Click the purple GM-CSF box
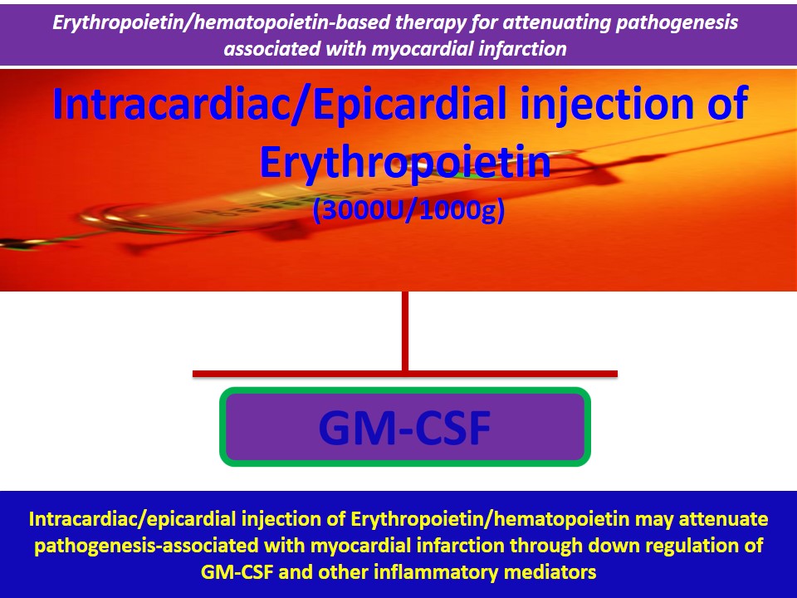[x=404, y=427]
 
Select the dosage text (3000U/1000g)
[x=408, y=212]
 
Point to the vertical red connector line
[x=405, y=331]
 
